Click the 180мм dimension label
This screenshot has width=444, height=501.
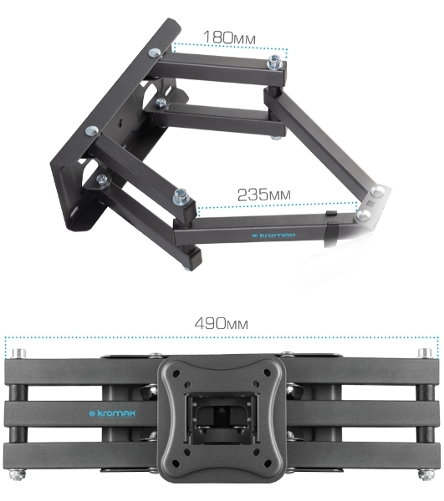(x=229, y=38)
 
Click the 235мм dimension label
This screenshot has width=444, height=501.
(x=264, y=195)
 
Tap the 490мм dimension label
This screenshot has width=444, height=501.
(x=222, y=323)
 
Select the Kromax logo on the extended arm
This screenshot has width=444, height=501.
(x=273, y=235)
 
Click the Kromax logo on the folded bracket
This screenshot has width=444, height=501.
(x=112, y=414)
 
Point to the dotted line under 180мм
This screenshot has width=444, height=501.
(x=230, y=47)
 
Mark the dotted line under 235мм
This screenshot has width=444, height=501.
(x=278, y=205)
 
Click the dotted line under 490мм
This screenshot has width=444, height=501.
(x=222, y=337)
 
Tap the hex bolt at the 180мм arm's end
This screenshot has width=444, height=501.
(x=275, y=62)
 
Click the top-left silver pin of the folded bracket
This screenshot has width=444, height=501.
(x=18, y=354)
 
